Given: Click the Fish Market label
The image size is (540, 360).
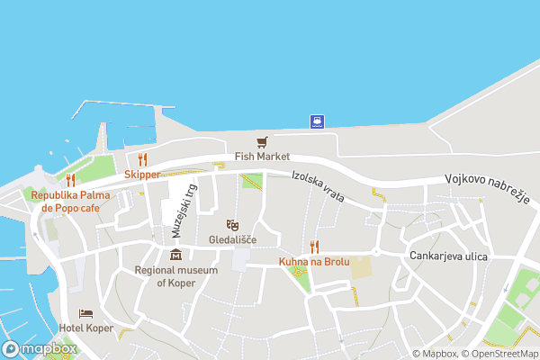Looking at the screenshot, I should pyautogui.click(x=262, y=157).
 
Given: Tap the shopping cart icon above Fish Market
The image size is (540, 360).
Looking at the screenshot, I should pyautogui.click(x=262, y=142).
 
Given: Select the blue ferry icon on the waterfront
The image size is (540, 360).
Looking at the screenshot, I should pyautogui.click(x=317, y=121).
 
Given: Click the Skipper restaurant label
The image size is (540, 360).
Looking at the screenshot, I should pyautogui.click(x=142, y=175).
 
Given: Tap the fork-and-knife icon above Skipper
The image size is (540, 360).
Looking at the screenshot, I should pyautogui.click(x=142, y=160).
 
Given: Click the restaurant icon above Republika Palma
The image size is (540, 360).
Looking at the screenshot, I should pyautogui.click(x=70, y=180).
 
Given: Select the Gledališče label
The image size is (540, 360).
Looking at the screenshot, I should pyautogui.click(x=232, y=240).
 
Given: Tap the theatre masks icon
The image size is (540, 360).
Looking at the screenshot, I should pyautogui.click(x=232, y=225).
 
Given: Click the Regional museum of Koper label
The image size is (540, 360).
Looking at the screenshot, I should pyautogui.click(x=175, y=276).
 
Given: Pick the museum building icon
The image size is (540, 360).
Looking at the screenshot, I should pyautogui.click(x=175, y=255).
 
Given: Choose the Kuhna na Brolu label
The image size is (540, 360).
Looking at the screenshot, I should pyautogui.click(x=314, y=262).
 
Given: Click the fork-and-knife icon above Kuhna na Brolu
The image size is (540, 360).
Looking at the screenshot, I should pyautogui.click(x=314, y=247).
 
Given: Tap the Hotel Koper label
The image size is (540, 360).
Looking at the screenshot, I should pyautogui.click(x=86, y=328).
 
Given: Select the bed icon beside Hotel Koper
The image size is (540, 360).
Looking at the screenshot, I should pyautogui.click(x=85, y=313).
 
